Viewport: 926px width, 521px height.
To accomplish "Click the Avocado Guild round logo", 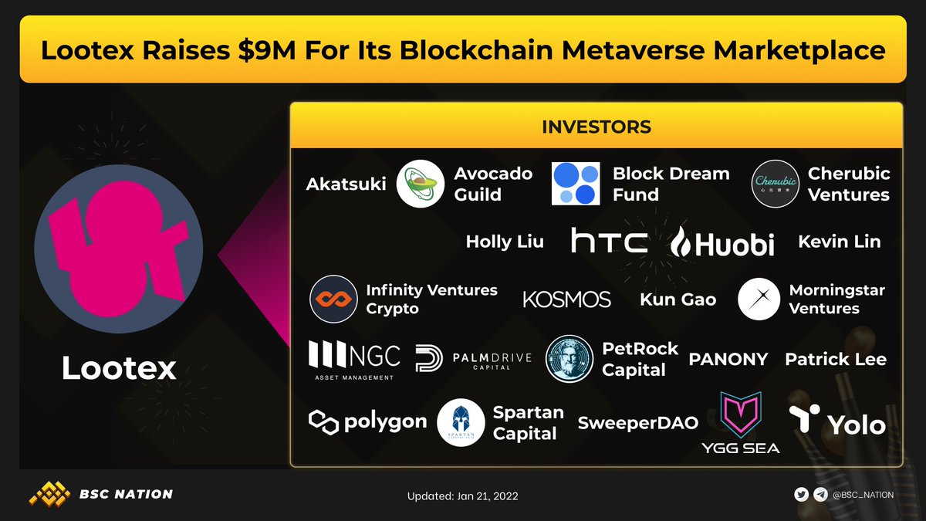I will [x=420, y=184].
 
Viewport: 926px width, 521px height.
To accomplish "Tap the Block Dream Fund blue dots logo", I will [x=576, y=184].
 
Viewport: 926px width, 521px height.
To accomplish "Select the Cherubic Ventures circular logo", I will [x=776, y=184].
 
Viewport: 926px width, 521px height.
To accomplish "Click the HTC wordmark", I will [x=609, y=242].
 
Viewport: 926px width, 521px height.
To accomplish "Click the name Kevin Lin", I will [x=839, y=242].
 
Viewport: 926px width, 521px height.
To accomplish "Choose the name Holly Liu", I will [x=505, y=242].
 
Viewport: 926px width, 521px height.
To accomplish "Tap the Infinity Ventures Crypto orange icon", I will [x=333, y=299].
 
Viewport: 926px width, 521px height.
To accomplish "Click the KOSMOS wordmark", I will [x=566, y=299].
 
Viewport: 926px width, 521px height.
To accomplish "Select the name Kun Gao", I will [x=678, y=299].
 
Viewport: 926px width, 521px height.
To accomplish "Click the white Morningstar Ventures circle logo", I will [x=759, y=299].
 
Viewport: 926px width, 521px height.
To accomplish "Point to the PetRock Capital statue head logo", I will [x=569, y=359].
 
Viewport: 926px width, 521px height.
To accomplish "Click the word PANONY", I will [x=728, y=359].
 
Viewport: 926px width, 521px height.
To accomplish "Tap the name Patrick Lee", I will [x=835, y=359].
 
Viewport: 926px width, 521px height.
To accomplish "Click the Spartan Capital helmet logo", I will [x=461, y=423].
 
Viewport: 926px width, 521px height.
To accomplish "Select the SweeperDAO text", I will [x=637, y=422].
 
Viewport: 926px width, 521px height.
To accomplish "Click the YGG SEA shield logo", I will [x=740, y=414].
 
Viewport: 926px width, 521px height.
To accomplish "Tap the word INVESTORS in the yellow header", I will [x=596, y=127].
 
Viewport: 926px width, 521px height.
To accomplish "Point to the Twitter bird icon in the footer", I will [x=803, y=495].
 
